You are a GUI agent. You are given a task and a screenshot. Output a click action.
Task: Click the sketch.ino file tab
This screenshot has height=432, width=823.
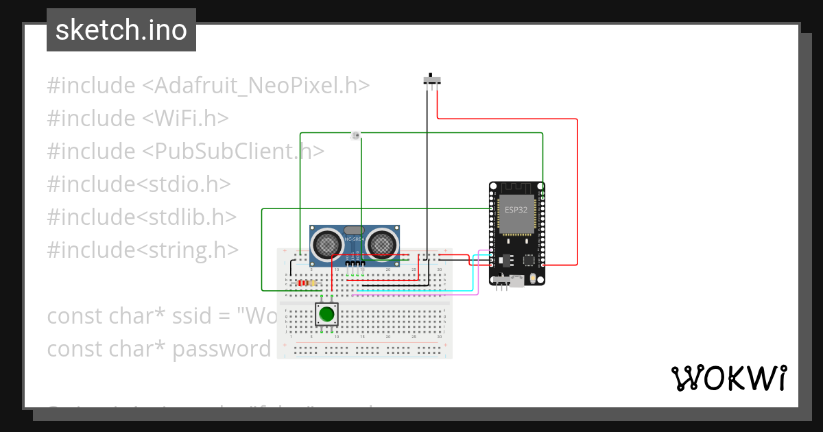[121, 30]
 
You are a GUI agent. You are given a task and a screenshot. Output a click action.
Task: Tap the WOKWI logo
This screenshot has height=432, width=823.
[728, 378]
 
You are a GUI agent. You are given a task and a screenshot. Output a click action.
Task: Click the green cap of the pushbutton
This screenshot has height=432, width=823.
[326, 315]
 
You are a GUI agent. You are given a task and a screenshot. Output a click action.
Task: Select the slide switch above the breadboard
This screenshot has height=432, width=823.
[431, 80]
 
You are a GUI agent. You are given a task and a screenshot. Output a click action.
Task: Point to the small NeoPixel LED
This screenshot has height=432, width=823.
[355, 135]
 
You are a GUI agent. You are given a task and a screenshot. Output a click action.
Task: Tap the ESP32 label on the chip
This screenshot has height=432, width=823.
[516, 210]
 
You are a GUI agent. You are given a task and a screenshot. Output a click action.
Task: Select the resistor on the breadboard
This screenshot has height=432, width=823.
[307, 283]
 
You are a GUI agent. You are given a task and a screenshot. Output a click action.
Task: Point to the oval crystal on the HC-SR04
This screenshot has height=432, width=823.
[354, 230]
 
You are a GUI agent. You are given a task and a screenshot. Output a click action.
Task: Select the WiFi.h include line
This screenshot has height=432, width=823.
[137, 119]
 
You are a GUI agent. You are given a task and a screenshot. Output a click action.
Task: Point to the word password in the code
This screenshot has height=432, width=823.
[222, 349]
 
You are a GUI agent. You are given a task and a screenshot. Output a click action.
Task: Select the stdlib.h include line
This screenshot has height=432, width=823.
[141, 217]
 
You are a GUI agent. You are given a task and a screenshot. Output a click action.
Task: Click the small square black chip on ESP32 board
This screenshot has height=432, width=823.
[528, 261]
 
